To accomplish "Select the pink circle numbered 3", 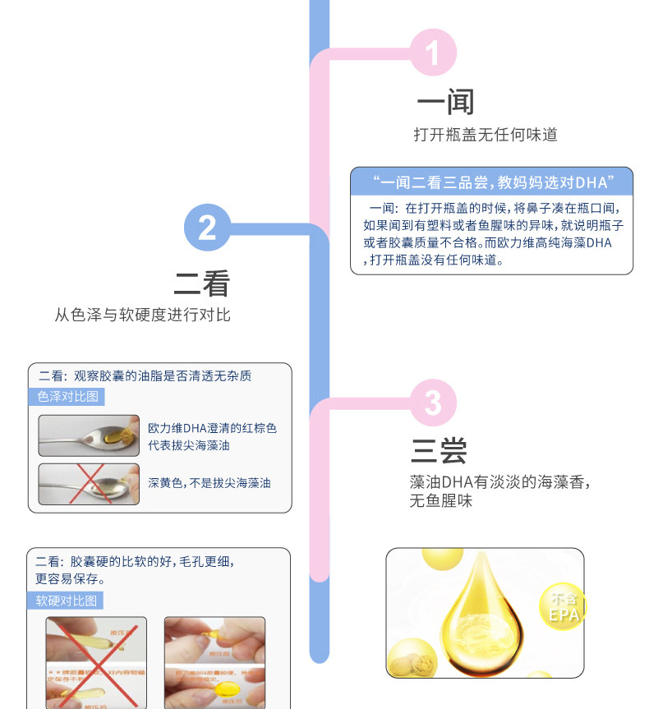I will (432, 403).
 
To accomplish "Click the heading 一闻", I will (445, 102).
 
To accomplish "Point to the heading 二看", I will (201, 283).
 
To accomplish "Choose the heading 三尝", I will (439, 451).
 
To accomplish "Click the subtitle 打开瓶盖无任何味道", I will (485, 135).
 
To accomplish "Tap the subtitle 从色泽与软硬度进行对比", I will (142, 315).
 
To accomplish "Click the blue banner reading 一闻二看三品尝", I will (491, 182).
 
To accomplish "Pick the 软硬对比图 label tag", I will (66, 601).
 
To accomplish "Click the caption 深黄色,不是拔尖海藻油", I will (209, 483).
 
